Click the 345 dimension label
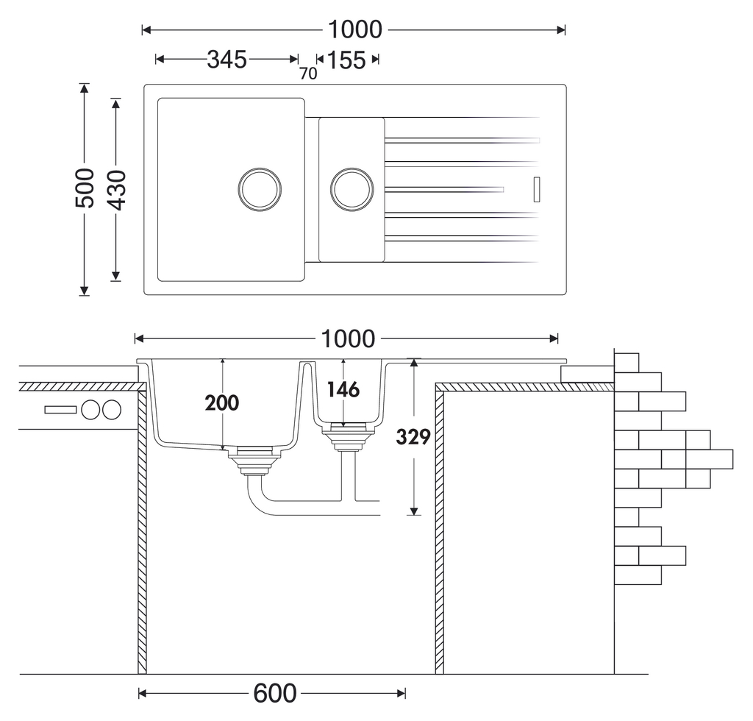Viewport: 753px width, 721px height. point(226,60)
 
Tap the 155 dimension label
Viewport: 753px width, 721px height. point(346,60)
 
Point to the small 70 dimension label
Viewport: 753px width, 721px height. point(308,74)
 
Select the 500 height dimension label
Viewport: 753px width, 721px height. point(85,188)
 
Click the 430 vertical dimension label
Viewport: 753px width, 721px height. point(117,188)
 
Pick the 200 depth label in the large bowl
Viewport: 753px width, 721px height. point(223,402)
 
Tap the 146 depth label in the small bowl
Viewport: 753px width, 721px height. point(343,389)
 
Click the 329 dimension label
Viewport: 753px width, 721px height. point(413,436)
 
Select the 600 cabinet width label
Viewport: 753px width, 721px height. point(275,693)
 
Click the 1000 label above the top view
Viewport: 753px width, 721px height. point(355,29)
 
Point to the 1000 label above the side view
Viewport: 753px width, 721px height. point(348,339)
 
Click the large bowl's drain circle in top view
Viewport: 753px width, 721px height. point(260,188)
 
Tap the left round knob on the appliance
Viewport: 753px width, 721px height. point(91,410)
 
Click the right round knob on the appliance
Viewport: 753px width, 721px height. point(111,410)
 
